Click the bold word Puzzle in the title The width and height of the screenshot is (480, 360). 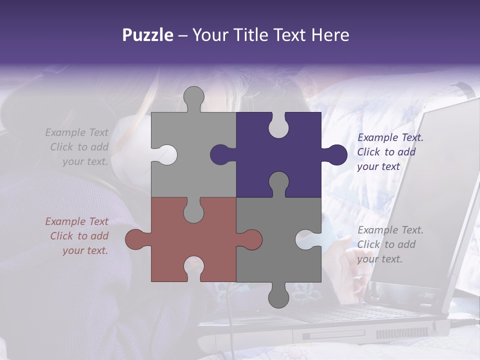click(x=148, y=35)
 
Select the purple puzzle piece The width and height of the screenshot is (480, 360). click(x=295, y=150)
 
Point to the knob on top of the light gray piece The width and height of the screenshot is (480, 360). click(x=194, y=97)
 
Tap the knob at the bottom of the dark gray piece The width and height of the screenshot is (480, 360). click(x=279, y=296)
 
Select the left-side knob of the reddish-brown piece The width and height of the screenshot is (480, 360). click(x=136, y=239)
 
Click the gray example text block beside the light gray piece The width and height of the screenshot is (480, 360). click(x=77, y=147)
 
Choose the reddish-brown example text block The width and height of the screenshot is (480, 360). click(x=77, y=236)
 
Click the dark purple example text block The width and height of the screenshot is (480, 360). click(x=390, y=152)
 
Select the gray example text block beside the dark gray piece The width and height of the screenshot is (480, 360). click(x=390, y=244)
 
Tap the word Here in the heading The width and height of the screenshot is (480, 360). click(x=330, y=35)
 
